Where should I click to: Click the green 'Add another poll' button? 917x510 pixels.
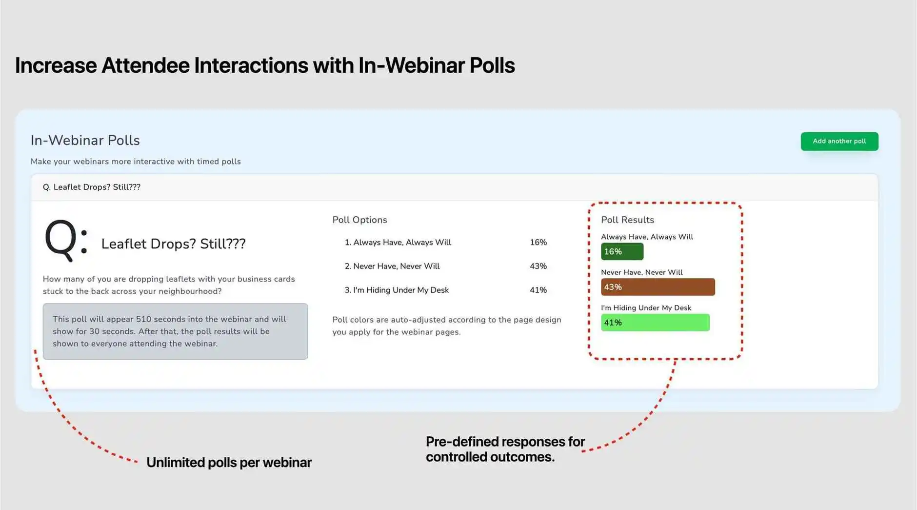point(839,142)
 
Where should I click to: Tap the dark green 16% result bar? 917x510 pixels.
point(622,252)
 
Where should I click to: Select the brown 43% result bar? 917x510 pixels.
point(658,287)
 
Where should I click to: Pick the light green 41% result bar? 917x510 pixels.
point(655,323)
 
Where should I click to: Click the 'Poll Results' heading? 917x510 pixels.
point(627,220)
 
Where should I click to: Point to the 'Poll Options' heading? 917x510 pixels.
point(359,220)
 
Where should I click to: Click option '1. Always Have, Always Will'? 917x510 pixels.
point(398,243)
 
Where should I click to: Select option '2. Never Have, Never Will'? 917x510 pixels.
point(392,266)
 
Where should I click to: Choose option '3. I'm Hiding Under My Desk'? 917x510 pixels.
point(397,290)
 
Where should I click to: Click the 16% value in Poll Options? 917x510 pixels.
point(538,243)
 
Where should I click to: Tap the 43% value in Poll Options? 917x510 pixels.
point(538,266)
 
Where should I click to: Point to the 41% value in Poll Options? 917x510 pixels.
point(538,290)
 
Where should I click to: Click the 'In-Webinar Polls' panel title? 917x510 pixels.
point(85,141)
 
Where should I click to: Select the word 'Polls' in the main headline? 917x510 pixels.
point(492,65)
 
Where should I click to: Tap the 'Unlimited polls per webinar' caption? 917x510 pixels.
point(229,463)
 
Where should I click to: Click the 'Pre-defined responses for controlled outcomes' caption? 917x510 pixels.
point(504,449)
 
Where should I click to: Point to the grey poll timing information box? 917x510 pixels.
point(175,331)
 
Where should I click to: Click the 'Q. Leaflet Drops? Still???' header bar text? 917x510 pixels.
point(92,187)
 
